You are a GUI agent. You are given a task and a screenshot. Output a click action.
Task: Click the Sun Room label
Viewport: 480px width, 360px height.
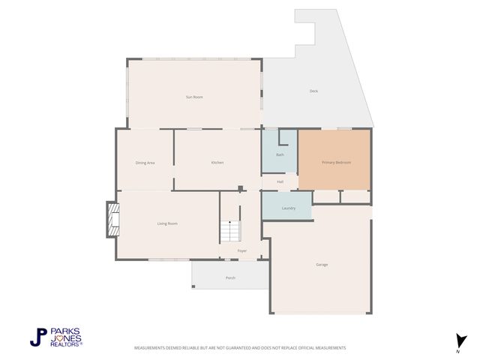tap(194, 97)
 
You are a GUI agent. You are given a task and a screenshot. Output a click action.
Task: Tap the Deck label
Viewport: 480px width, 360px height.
tap(313, 91)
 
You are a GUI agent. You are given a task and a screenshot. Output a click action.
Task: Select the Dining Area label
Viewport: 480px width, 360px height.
tap(145, 163)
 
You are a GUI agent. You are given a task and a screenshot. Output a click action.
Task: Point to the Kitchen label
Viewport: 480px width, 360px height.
tap(217, 163)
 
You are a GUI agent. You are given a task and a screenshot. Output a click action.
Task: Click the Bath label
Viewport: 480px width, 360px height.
tap(280, 154)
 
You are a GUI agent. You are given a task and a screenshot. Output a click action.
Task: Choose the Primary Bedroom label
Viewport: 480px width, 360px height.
tap(336, 163)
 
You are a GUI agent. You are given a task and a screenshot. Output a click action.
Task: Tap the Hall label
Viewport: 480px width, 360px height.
tap(280, 181)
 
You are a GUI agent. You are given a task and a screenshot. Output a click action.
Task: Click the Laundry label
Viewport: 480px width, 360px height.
tap(288, 208)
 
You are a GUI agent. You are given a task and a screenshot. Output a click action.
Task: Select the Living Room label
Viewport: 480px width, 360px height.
tap(166, 223)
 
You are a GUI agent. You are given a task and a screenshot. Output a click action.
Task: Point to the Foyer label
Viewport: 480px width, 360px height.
tap(242, 250)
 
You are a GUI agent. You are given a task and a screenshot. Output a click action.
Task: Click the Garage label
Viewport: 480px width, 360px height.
tap(322, 265)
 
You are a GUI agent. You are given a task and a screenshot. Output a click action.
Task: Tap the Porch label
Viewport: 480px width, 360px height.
tap(230, 278)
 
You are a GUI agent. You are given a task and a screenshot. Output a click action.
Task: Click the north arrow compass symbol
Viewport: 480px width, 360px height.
tap(458, 340)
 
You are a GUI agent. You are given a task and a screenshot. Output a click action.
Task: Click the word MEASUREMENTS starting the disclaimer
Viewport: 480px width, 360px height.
tap(151, 348)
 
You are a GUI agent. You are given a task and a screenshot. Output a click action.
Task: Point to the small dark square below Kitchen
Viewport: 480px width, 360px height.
tap(239, 188)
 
